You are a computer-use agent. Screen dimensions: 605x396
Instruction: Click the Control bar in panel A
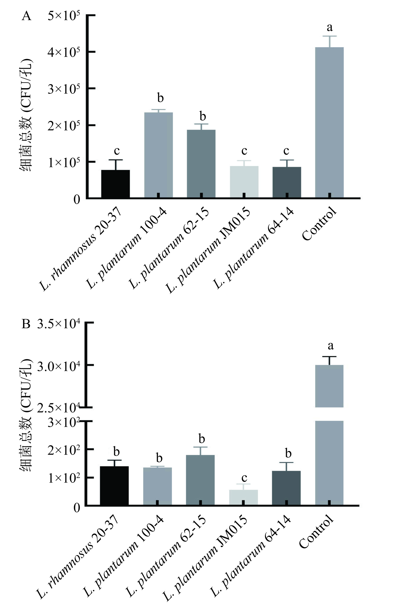(x=329, y=122)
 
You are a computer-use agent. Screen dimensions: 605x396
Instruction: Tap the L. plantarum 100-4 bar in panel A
(x=158, y=155)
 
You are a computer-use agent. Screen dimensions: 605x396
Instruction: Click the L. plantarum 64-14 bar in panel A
(x=287, y=182)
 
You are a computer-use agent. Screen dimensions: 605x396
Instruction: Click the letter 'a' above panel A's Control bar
(x=330, y=27)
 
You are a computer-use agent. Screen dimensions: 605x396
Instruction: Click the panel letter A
(x=27, y=16)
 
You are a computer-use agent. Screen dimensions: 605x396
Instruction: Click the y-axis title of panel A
(x=26, y=116)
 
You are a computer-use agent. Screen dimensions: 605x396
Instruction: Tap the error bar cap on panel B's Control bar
(x=329, y=357)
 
